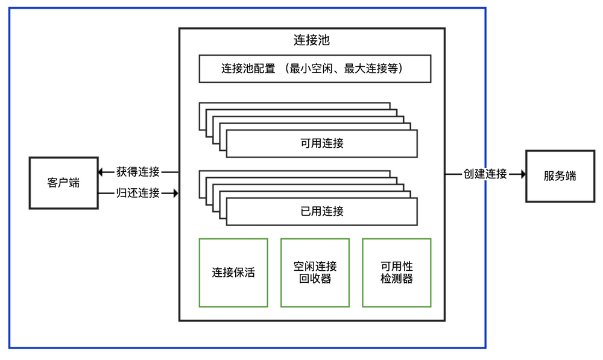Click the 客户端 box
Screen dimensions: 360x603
pos(63,183)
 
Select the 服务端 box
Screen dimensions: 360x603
pos(560,176)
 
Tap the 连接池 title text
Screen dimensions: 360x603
pos(312,40)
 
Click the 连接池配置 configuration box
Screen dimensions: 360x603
pos(315,69)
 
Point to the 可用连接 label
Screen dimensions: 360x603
pos(322,144)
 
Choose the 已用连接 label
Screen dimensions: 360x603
pos(322,211)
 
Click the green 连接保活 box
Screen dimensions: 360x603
pos(233,273)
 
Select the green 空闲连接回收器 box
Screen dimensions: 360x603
pos(315,273)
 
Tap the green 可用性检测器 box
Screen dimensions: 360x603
pos(397,273)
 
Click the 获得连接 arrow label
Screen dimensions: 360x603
pos(138,172)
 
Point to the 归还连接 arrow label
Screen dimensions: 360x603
pos(138,194)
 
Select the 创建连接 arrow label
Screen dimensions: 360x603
pos(485,174)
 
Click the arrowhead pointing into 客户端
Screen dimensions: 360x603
pos(103,172)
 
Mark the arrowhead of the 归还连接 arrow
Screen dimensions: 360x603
pos(175,194)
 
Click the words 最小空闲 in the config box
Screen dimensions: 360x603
pos(314,69)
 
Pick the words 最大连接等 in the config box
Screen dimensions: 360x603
pos(370,69)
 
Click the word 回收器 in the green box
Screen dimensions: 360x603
pos(315,279)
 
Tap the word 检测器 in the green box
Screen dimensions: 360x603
pos(397,279)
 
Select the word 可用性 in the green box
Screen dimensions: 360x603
pos(397,266)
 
